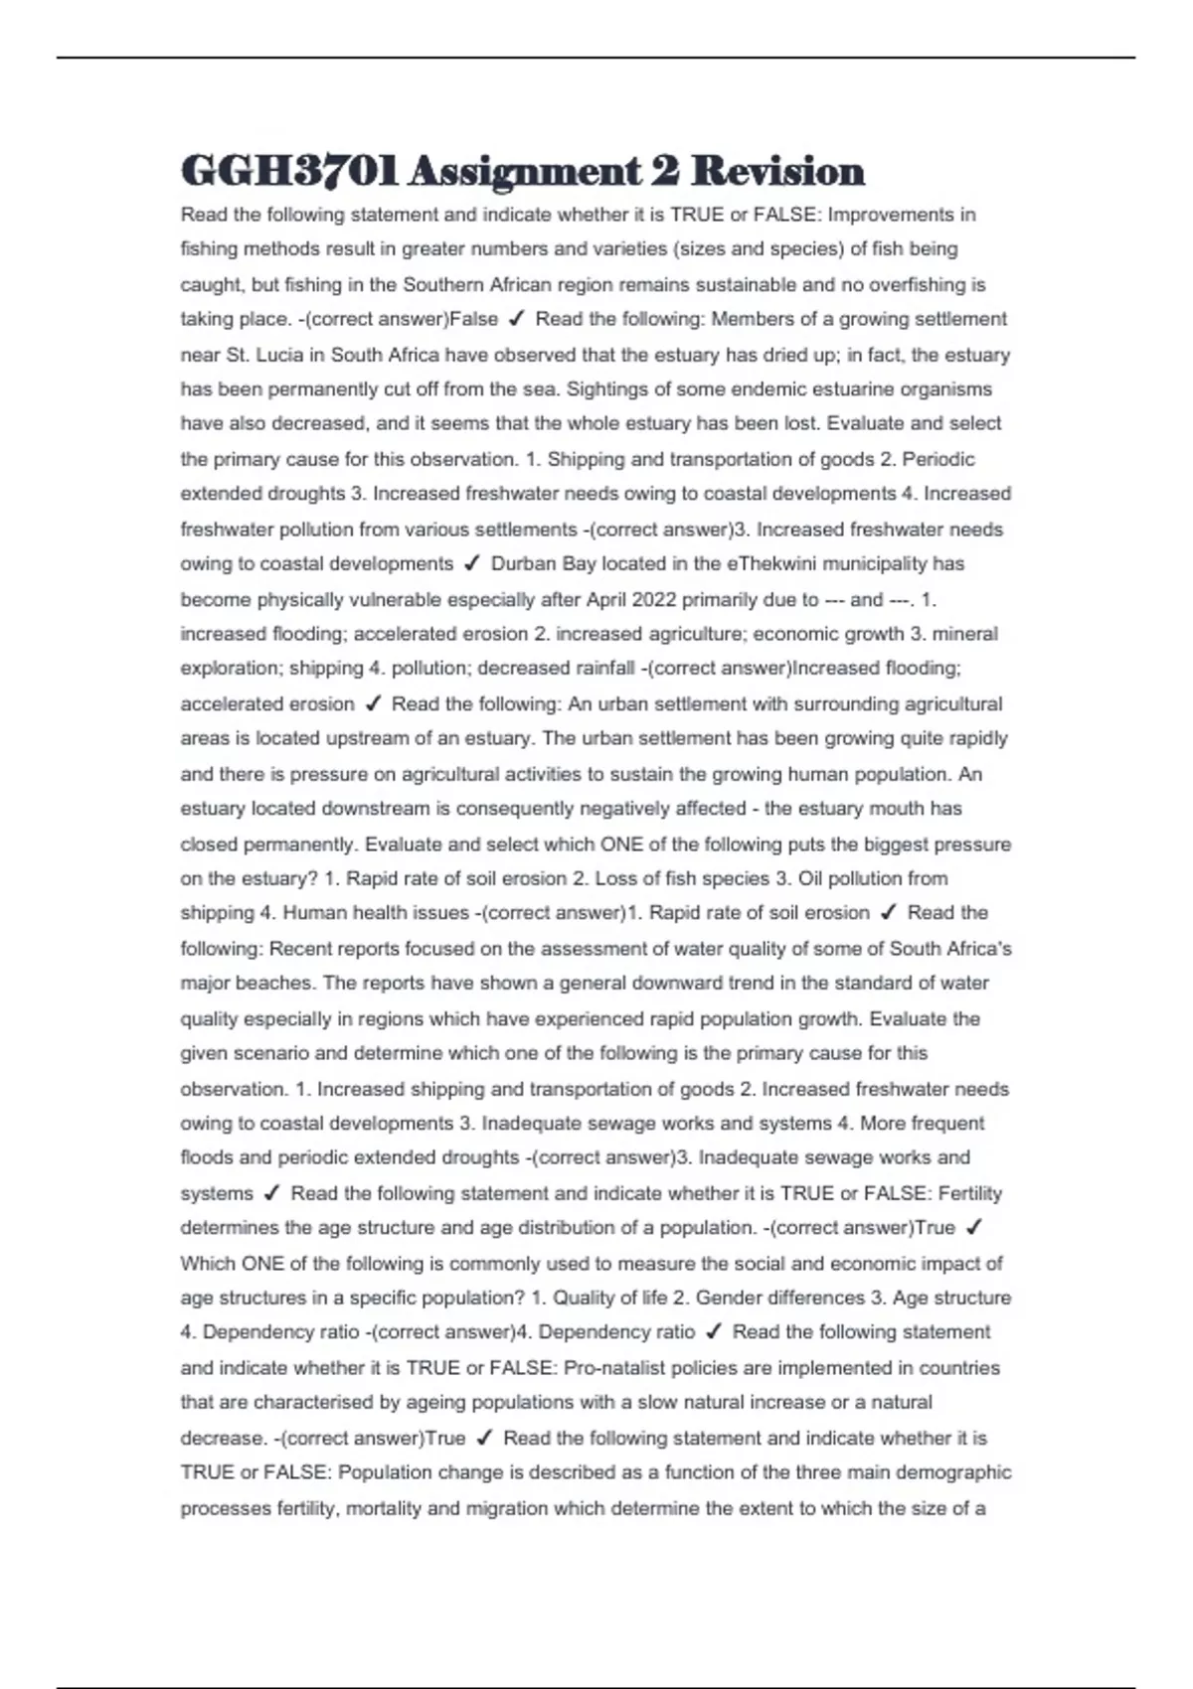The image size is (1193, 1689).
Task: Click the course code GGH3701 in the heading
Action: coord(289,171)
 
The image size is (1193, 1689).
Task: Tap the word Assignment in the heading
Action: coord(524,171)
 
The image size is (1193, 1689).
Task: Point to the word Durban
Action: coord(523,563)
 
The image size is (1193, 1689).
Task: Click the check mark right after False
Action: coord(516,319)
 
